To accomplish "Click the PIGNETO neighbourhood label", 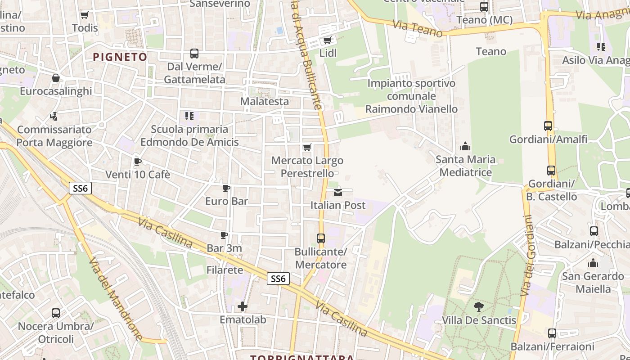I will tap(120, 57).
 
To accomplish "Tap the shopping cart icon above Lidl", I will tap(327, 40).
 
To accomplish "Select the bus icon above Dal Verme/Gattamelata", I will tap(194, 54).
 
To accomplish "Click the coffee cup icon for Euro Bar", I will tap(226, 188).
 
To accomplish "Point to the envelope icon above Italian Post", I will tap(338, 193).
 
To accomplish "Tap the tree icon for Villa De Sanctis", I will tap(479, 307).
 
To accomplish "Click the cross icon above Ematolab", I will tap(243, 307).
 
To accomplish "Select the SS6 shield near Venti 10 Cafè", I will tap(80, 188).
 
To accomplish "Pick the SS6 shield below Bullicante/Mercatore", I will tap(278, 279).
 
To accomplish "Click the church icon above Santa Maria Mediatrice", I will tap(465, 146).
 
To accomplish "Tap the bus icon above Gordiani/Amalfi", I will tap(548, 126).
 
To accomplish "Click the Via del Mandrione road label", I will tap(116, 299).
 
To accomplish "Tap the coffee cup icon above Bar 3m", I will tap(224, 235).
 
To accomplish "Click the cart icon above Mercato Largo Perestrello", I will tap(307, 148).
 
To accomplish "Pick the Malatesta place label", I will tap(265, 101).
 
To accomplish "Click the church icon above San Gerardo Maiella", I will tap(593, 263).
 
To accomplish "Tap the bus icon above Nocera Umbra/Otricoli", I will tap(56, 313).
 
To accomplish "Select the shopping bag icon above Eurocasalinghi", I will tap(56, 78).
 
